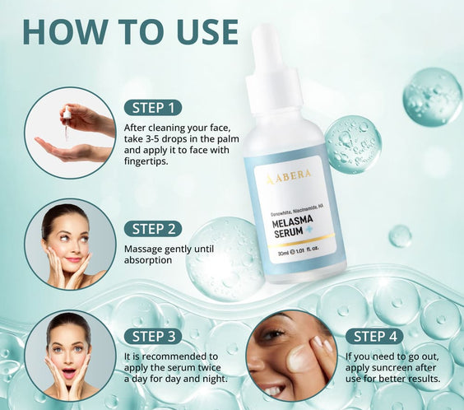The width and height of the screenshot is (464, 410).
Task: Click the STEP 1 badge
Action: pyautogui.click(x=153, y=108)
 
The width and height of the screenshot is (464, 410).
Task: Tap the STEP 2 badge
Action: pyautogui.click(x=153, y=229)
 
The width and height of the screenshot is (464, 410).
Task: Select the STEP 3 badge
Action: pyautogui.click(x=153, y=337)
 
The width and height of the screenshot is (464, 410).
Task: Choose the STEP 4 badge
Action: pyautogui.click(x=374, y=337)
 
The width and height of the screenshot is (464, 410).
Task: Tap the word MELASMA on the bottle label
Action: pyautogui.click(x=292, y=221)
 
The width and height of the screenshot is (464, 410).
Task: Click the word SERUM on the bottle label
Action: pyautogui.click(x=288, y=233)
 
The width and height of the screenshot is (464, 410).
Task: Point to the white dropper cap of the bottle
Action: pyautogui.click(x=274, y=71)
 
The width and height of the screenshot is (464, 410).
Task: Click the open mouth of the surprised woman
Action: pyautogui.click(x=68, y=374)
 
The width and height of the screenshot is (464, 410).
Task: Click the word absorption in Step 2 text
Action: pyautogui.click(x=148, y=260)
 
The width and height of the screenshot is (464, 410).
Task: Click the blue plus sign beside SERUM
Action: pyautogui.click(x=309, y=230)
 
